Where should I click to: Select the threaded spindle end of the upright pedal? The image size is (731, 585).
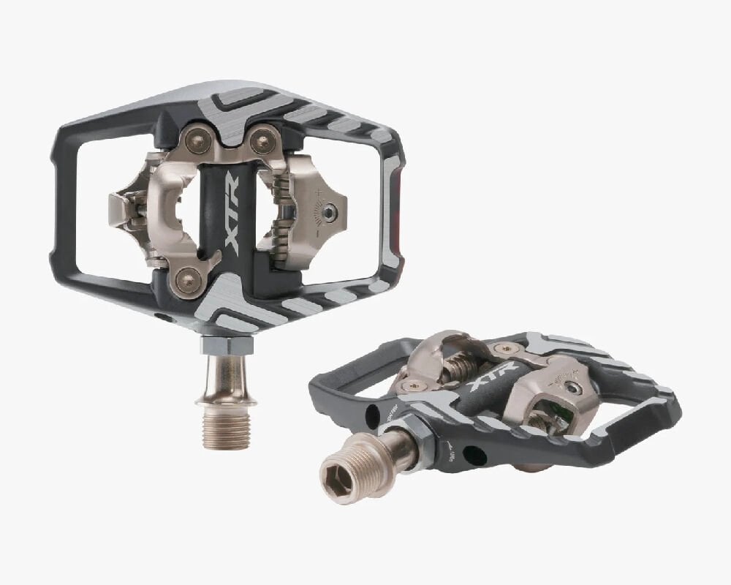click(226, 429)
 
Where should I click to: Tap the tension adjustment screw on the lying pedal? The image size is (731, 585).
click(574, 388)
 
